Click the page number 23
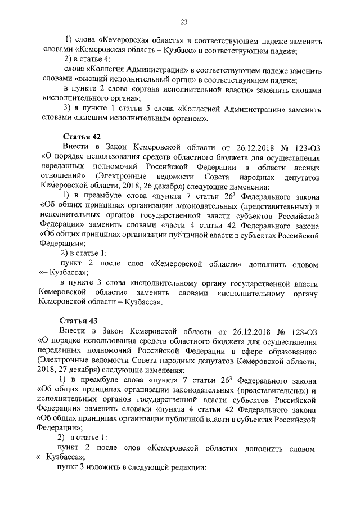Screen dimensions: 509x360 (183, 22)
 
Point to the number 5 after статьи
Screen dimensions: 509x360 (150, 109)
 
